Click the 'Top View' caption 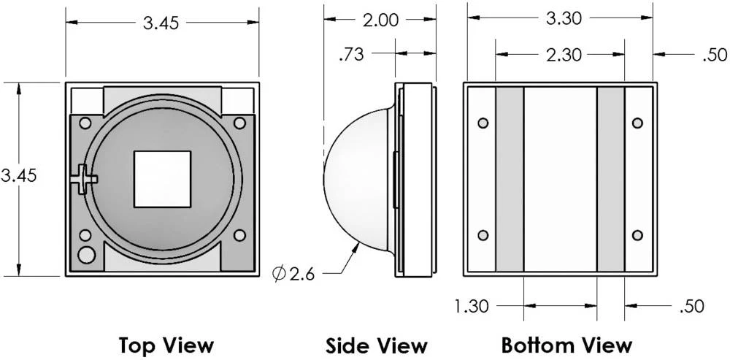(x=166, y=345)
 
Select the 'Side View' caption (x=376, y=346)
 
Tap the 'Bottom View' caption (x=566, y=345)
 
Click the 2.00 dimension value (x=380, y=20)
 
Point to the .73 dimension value (x=352, y=55)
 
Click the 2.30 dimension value (x=564, y=55)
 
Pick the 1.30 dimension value (x=472, y=307)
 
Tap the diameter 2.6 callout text (x=293, y=274)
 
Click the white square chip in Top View (x=162, y=179)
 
